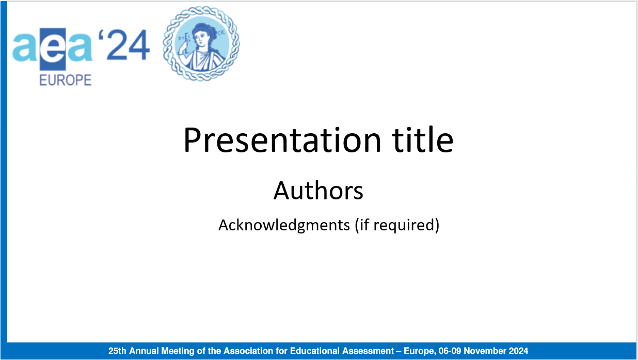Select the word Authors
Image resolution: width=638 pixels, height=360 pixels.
coord(318,191)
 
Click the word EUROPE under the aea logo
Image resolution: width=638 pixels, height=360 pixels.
coord(66,81)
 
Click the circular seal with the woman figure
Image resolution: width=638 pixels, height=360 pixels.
coord(201,43)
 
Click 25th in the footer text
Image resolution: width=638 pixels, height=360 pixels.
coord(118,351)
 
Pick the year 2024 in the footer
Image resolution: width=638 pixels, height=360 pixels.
coord(518,351)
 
